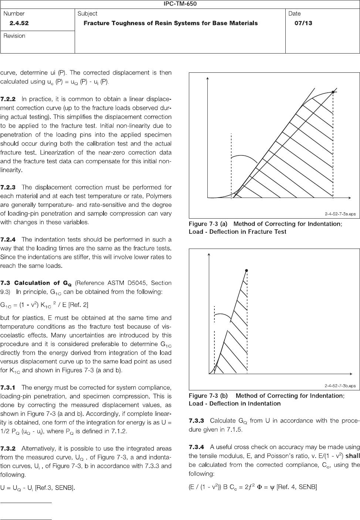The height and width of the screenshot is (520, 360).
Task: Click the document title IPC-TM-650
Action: coord(180,4)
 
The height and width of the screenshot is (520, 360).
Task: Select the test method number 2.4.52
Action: coord(19,23)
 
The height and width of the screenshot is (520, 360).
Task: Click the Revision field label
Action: coord(14,36)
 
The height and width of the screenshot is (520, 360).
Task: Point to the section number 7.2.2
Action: coord(8,99)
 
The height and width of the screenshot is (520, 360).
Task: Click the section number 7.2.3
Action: coord(8,187)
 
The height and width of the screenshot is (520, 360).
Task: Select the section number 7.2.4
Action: coord(8,240)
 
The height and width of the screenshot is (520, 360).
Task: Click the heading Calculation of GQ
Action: coord(43,283)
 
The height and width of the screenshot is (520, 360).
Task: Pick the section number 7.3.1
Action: coord(8,387)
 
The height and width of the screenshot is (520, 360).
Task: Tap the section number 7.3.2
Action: coord(8,448)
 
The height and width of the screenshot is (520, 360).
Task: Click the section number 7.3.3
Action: coord(197,421)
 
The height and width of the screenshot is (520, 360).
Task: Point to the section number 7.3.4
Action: coord(197,447)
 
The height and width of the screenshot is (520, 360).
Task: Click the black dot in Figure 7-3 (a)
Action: coord(333,92)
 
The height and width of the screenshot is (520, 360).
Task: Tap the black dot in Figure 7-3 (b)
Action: coord(247,271)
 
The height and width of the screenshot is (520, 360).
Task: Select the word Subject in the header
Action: coord(87,14)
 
